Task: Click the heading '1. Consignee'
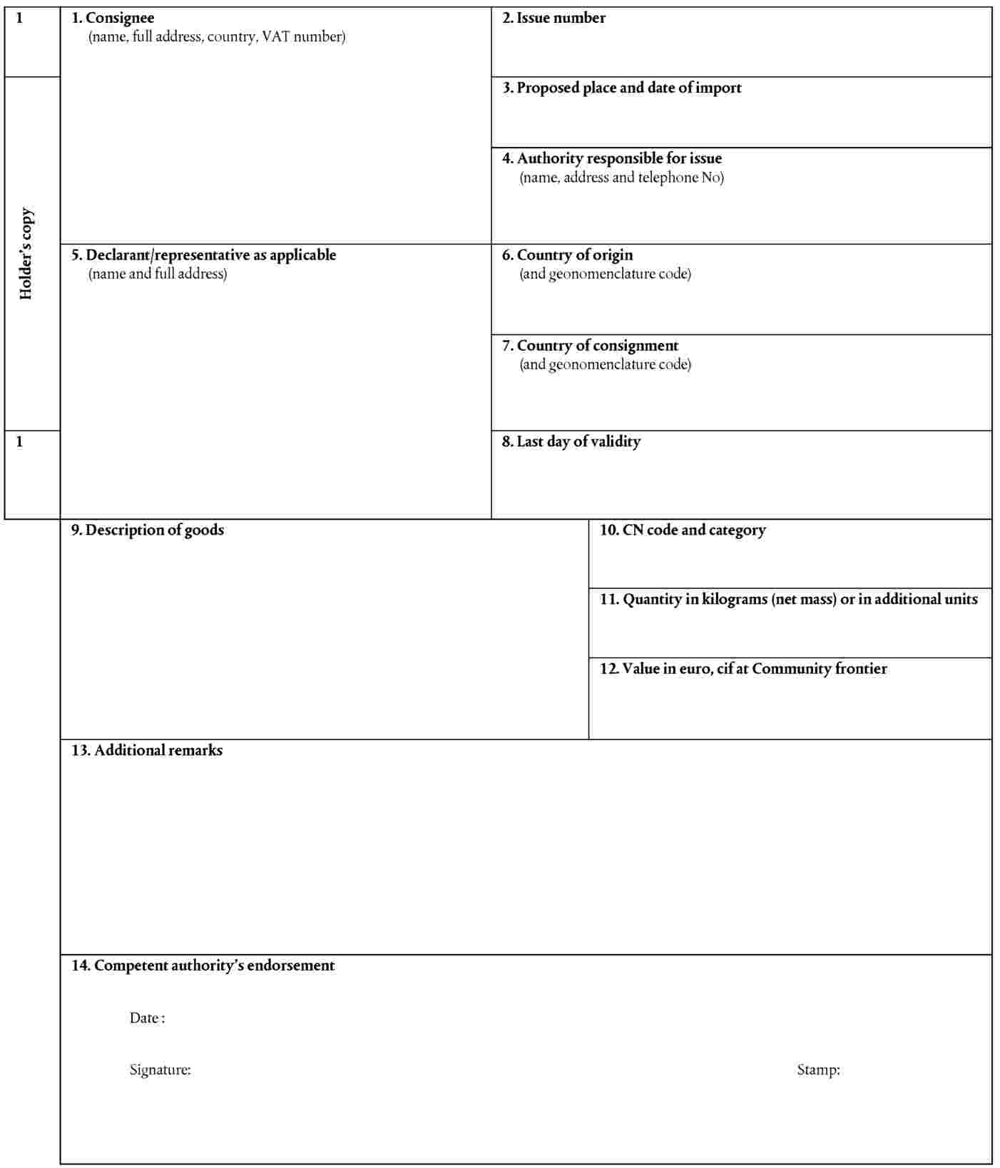tap(113, 18)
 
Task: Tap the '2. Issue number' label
tap(553, 18)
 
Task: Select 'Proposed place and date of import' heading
tap(621, 88)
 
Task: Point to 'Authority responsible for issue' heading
tap(611, 158)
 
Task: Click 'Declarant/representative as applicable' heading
tap(203, 255)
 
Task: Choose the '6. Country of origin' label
tap(567, 255)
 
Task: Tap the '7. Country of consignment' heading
tap(590, 346)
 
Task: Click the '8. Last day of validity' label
tap(571, 441)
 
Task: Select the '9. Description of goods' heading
tap(147, 530)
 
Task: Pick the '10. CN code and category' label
tap(683, 530)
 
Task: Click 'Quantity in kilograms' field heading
tap(788, 599)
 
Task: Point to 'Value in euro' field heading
tap(743, 669)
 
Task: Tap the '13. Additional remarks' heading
tap(146, 750)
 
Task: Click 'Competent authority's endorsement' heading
tap(203, 965)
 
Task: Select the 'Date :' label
tap(147, 1018)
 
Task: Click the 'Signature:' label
tap(160, 1070)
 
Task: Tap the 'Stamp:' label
tap(818, 1070)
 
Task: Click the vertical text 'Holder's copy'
tap(26, 254)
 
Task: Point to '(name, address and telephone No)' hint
tap(621, 178)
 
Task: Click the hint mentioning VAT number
tap(217, 37)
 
